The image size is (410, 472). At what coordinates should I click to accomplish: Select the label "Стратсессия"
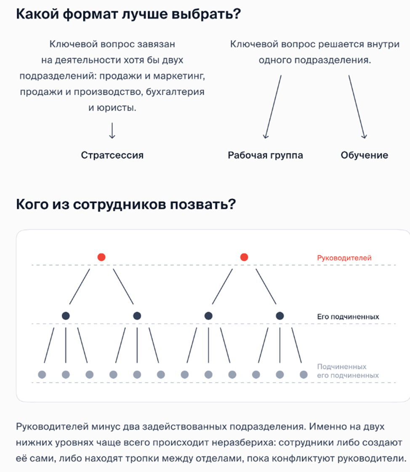click(x=112, y=155)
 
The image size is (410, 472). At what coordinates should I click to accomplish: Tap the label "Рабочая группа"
click(x=265, y=155)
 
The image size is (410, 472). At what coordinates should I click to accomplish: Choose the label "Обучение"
click(x=364, y=155)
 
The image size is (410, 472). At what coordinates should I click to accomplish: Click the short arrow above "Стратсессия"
click(x=112, y=131)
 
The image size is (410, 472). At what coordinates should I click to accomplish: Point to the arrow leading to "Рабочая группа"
click(x=273, y=107)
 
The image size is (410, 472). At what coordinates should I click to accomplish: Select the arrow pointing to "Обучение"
click(x=357, y=107)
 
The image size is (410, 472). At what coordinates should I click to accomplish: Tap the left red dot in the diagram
click(x=101, y=257)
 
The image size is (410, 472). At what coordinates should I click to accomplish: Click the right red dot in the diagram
click(x=244, y=257)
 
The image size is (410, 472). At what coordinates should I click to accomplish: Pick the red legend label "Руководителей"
click(x=344, y=258)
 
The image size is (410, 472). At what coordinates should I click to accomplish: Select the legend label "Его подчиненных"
click(x=348, y=316)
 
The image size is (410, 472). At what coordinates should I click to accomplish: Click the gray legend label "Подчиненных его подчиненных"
click(x=348, y=371)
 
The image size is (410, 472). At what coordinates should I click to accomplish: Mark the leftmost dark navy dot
click(x=65, y=315)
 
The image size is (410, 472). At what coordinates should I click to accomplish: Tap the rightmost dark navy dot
click(x=280, y=315)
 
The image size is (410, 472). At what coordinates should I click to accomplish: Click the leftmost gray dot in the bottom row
click(x=42, y=374)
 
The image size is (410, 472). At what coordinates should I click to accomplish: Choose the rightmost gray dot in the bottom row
click(x=304, y=374)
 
